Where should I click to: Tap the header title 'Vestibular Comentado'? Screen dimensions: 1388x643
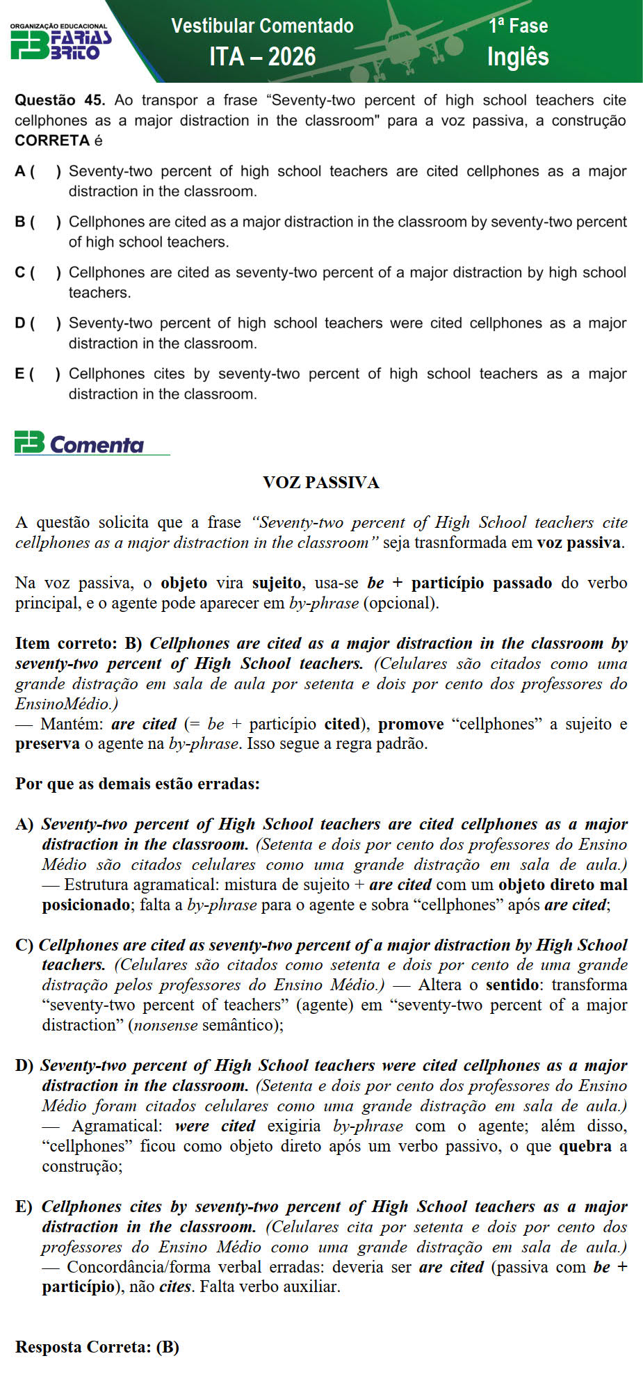coord(262,26)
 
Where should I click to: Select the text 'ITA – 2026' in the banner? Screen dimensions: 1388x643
coord(262,56)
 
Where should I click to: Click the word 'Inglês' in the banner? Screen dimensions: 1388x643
coord(518,56)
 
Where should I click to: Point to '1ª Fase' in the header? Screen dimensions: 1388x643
coord(518,26)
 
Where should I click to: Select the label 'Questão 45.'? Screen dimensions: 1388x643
coord(60,100)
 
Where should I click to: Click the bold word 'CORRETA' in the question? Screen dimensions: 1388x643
coord(52,140)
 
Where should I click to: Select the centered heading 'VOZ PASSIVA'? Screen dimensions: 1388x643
coord(321,483)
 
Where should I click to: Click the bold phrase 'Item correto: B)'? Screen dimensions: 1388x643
coord(79,643)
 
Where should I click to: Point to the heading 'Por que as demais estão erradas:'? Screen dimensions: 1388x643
coord(138,784)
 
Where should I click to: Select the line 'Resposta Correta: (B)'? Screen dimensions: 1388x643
coord(97,1347)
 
